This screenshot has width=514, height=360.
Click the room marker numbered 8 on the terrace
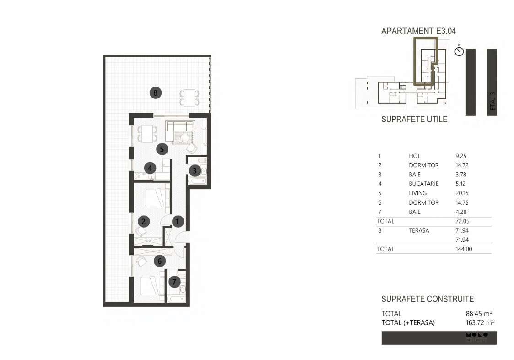click(156, 93)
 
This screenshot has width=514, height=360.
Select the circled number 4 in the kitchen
click(149, 168)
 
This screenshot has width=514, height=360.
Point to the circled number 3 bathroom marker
click(194, 171)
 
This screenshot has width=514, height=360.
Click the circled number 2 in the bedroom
click(144, 222)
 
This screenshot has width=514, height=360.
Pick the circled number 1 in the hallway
click(178, 222)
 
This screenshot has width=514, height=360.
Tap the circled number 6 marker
click(159, 262)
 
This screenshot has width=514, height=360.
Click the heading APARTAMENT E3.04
click(418, 31)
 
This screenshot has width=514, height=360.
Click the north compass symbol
click(459, 51)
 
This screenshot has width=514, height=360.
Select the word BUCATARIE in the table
click(423, 184)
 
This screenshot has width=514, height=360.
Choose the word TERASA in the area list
click(419, 230)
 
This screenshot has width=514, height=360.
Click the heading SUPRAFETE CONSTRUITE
click(427, 299)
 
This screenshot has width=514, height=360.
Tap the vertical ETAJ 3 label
click(492, 101)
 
